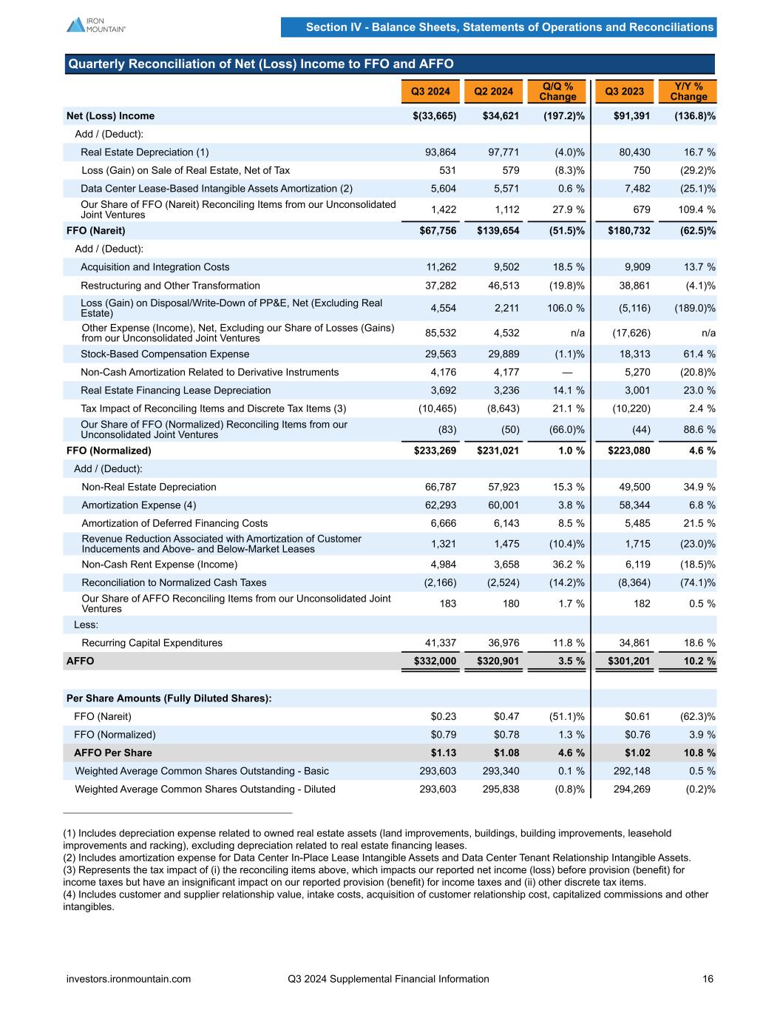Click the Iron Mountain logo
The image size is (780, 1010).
tap(96, 24)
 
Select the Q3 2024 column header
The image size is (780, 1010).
tap(430, 91)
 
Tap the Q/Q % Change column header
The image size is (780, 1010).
tap(557, 91)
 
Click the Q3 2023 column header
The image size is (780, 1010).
tap(624, 91)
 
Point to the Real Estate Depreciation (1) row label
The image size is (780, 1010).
tap(145, 152)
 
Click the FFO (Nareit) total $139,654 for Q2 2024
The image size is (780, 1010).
tap(498, 231)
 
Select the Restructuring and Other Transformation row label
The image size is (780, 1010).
tap(170, 286)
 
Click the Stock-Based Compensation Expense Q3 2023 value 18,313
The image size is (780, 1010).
tap(634, 354)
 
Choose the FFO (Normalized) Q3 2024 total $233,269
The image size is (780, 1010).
tap(435, 451)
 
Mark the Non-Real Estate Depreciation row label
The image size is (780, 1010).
tap(149, 487)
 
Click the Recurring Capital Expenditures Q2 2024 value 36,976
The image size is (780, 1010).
tap(503, 643)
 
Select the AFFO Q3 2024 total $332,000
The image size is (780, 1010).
tap(435, 661)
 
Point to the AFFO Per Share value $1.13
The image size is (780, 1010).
tap(444, 753)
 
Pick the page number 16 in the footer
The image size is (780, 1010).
tap(708, 979)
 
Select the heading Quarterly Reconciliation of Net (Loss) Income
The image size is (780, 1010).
tap(261, 64)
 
